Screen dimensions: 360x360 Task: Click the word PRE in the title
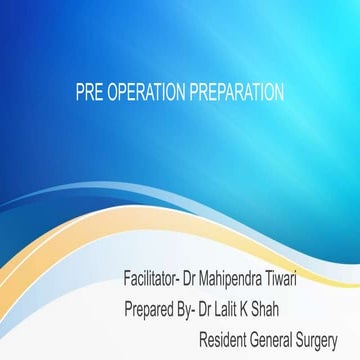pyautogui.click(x=88, y=93)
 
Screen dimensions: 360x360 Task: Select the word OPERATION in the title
pyautogui.click(x=143, y=93)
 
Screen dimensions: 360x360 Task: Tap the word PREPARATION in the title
pyautogui.click(x=235, y=93)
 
